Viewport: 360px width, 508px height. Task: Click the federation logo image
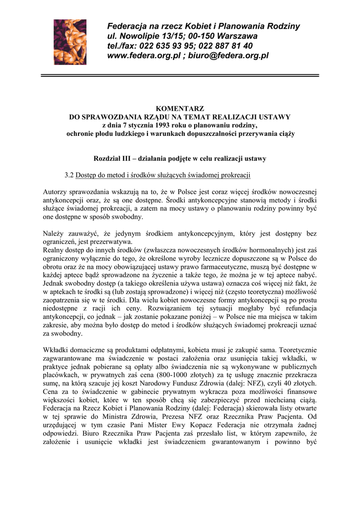tap(70, 42)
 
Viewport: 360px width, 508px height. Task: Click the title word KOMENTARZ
tap(180, 109)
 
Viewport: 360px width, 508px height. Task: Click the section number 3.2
tap(69, 175)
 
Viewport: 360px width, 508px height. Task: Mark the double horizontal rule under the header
tap(180, 75)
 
